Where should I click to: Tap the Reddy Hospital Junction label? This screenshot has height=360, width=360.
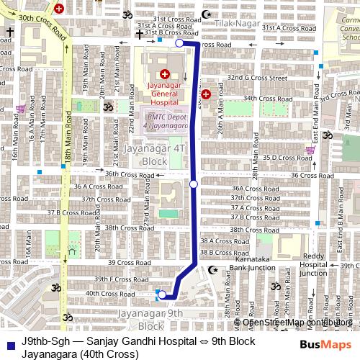click(313, 264)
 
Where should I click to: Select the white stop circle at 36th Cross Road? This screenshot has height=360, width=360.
click(194, 184)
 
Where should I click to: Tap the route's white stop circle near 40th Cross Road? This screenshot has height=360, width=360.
click(163, 294)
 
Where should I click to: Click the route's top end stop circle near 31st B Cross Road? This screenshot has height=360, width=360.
click(179, 43)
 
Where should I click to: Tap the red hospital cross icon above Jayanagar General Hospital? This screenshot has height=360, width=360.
click(164, 73)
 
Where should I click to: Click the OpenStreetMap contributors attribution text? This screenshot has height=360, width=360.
click(293, 322)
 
